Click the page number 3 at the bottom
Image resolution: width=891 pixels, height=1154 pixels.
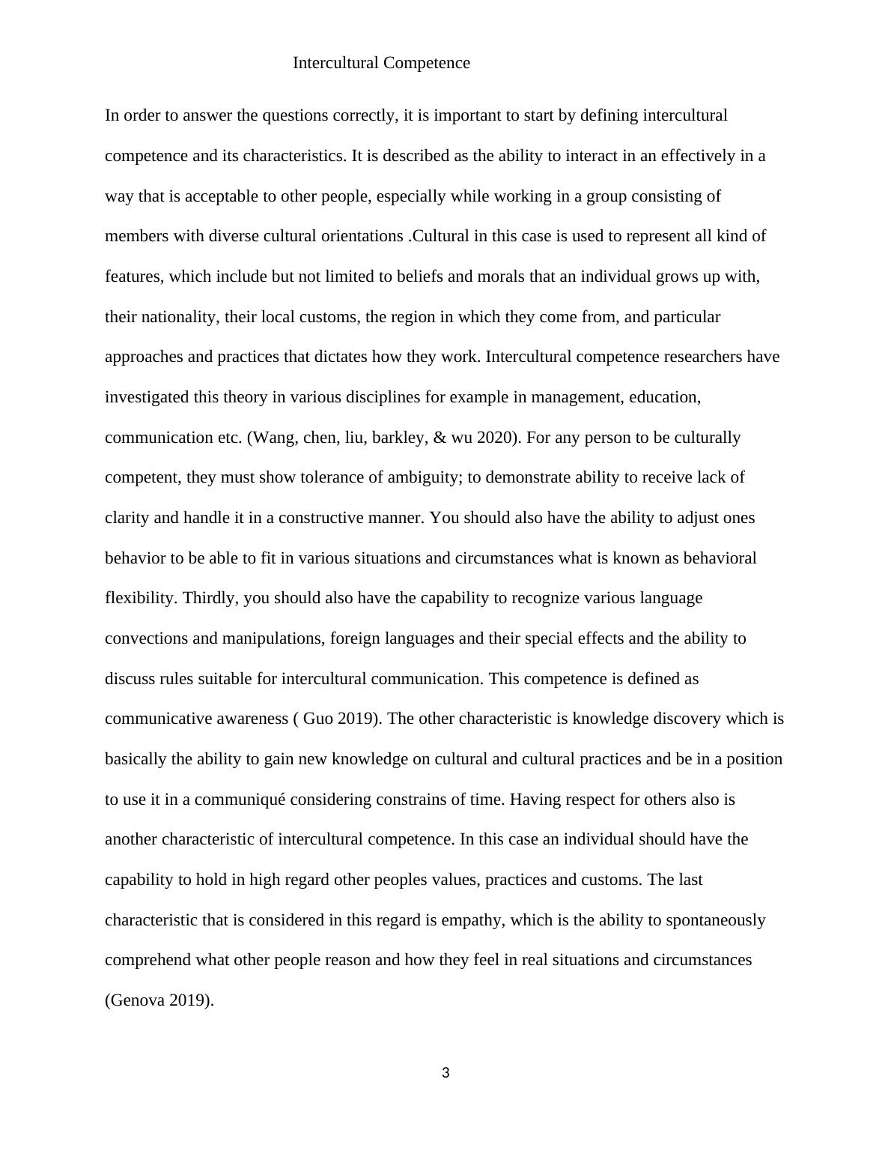click(445, 1073)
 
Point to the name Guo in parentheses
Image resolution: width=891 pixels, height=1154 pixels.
click(317, 719)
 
